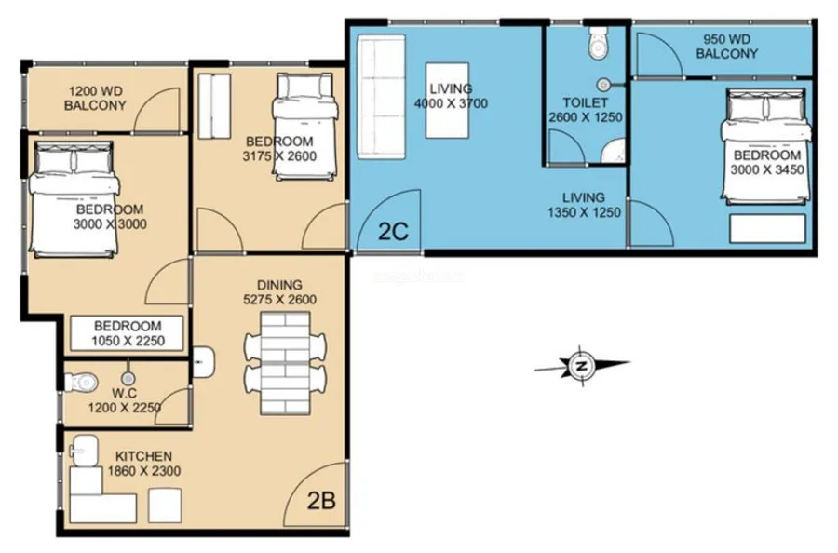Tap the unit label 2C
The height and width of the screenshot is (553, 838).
click(393, 232)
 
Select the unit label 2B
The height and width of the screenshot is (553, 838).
click(321, 501)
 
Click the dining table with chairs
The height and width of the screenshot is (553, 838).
click(286, 363)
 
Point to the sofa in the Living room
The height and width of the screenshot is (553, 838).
click(382, 97)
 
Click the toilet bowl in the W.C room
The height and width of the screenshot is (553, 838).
click(82, 382)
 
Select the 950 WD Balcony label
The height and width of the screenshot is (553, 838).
click(727, 47)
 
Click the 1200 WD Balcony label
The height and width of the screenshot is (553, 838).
click(95, 98)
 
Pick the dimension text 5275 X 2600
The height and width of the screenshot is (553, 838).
click(279, 299)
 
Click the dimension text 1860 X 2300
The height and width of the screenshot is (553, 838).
click(144, 471)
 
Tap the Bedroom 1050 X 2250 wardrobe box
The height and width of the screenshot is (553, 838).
click(128, 333)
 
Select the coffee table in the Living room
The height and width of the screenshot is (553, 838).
click(448, 101)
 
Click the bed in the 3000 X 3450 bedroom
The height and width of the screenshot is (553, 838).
click(766, 146)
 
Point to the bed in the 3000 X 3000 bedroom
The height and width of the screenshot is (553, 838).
click(74, 199)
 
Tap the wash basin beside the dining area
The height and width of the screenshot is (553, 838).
click(204, 362)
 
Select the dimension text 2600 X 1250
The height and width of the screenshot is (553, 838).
click(586, 117)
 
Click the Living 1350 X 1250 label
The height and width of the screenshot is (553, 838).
click(584, 205)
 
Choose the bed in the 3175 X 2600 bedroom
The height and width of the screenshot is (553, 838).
click(305, 128)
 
